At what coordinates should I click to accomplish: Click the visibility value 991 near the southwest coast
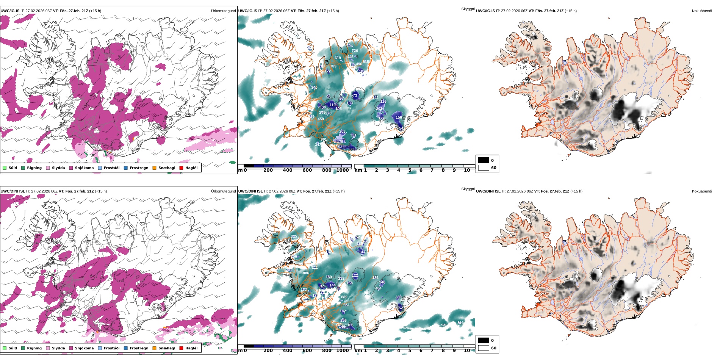[x=324, y=139]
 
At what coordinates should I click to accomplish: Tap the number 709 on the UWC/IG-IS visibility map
[x=333, y=66]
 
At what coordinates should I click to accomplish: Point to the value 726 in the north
[x=355, y=51]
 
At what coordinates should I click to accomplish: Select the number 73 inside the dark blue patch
[x=355, y=95]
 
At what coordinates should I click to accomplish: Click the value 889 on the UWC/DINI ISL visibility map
[x=344, y=297]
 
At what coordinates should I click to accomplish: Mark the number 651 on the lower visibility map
[x=346, y=305]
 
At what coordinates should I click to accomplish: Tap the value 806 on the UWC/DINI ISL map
[x=306, y=273]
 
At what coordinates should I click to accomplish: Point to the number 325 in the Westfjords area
[x=294, y=236]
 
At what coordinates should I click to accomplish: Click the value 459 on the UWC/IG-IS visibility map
[x=321, y=119]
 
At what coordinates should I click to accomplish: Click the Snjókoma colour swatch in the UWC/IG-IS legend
[x=71, y=168]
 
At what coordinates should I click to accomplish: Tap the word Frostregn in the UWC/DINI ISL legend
[x=139, y=348]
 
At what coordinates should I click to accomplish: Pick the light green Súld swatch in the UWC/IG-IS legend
[x=5, y=168]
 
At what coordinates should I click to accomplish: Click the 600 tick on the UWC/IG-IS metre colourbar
[x=307, y=170]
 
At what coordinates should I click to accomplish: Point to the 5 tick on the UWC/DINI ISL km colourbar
[x=410, y=351]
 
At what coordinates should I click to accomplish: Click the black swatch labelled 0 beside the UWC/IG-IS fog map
[x=483, y=160]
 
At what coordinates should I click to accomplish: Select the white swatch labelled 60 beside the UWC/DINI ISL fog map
[x=483, y=348]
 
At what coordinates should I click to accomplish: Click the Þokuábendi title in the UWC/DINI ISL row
[x=702, y=191]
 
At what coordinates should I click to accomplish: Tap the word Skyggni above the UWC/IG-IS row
[x=468, y=9]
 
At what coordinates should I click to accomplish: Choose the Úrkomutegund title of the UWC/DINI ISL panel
[x=223, y=191]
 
